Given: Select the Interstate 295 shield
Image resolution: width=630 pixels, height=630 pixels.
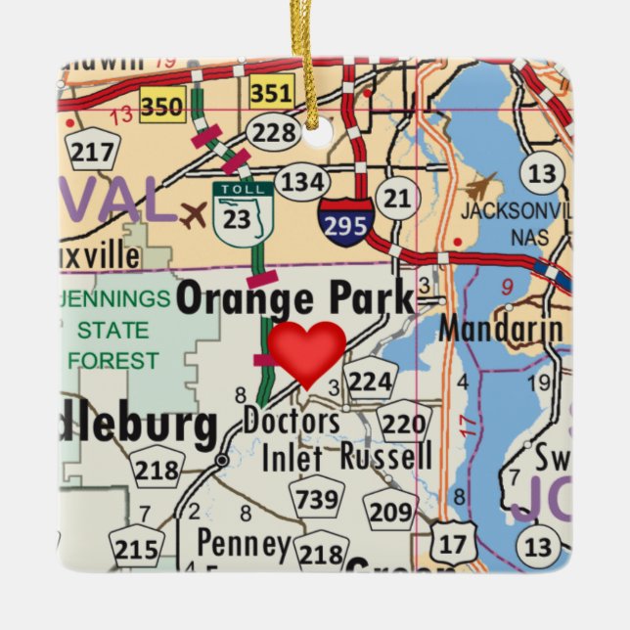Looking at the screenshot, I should [x=345, y=222].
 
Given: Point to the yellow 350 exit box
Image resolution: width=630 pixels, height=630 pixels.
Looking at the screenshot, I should [x=161, y=105].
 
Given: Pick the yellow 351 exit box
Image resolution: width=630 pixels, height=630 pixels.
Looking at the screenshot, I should [x=271, y=94].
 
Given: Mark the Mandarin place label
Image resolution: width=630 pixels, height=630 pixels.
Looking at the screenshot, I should [x=500, y=328].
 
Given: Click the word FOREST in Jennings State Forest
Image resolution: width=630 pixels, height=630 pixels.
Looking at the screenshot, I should [x=113, y=361].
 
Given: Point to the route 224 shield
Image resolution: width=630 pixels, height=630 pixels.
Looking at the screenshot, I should [x=370, y=382].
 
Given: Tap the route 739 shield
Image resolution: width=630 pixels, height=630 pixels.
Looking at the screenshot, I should [x=318, y=500].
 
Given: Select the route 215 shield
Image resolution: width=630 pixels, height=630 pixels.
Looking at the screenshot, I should [x=134, y=548].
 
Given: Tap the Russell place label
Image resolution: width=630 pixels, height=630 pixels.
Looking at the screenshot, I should [x=385, y=456].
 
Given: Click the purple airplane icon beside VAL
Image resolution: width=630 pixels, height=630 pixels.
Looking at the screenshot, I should [x=194, y=213].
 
